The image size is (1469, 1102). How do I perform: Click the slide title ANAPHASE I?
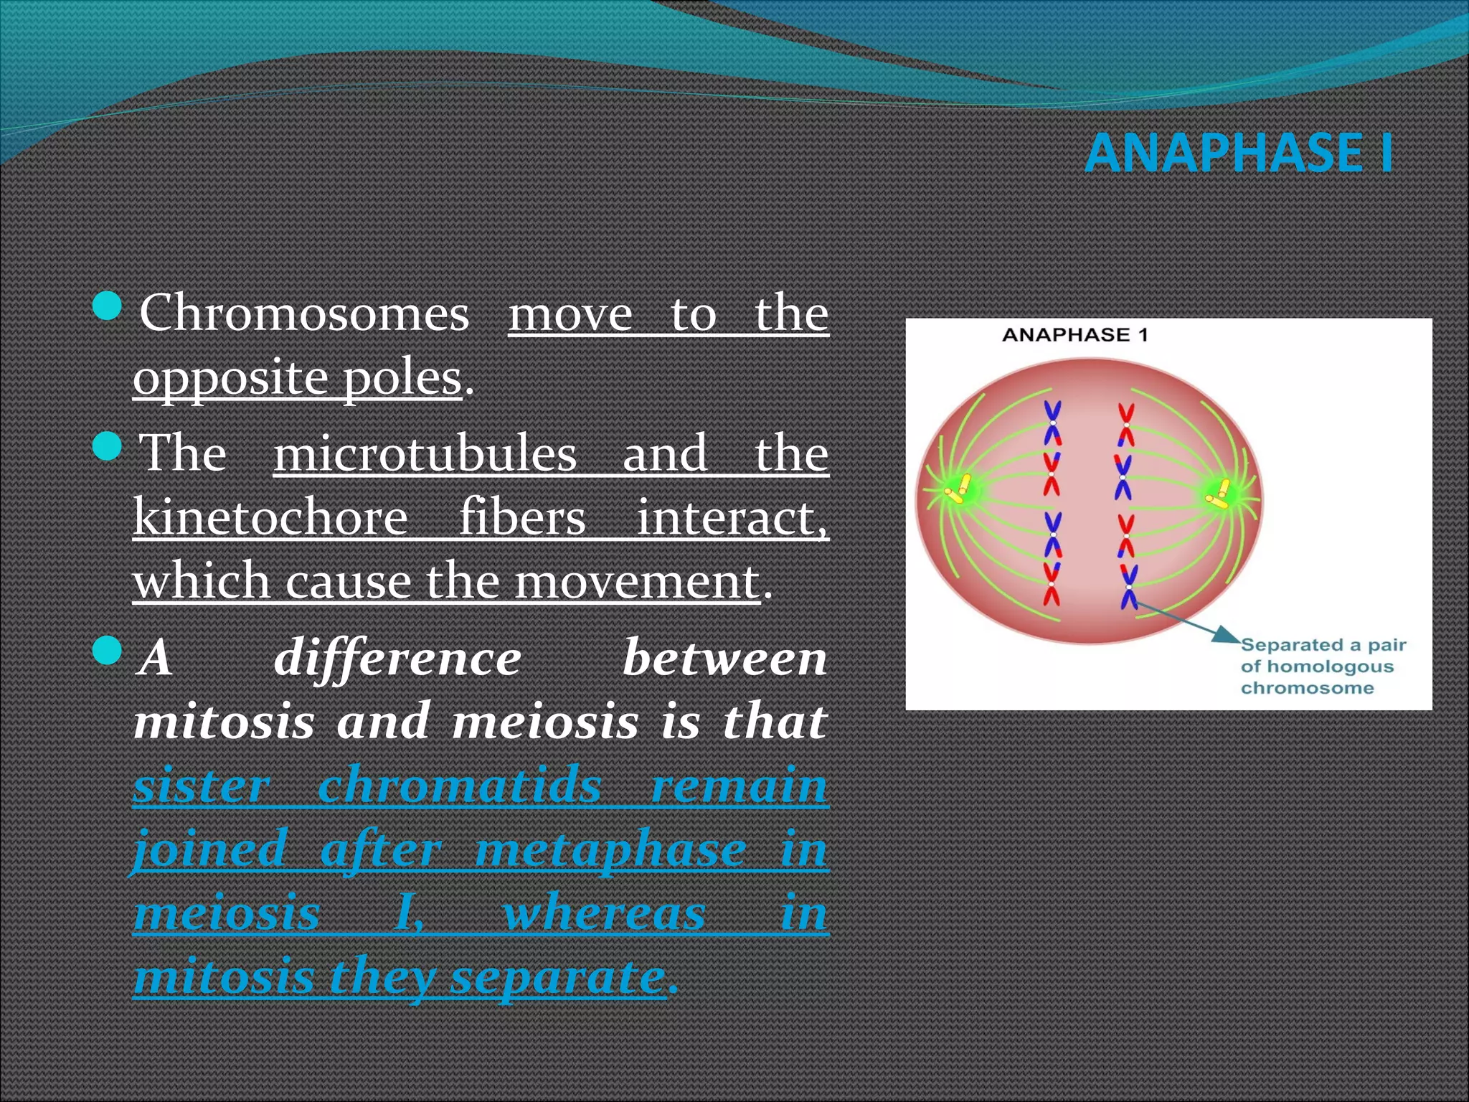point(1239,153)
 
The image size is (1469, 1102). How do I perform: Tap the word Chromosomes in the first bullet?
point(304,313)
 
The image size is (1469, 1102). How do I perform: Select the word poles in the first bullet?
point(402,377)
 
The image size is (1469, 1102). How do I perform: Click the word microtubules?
point(425,453)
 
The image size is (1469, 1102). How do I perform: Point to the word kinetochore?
point(270,517)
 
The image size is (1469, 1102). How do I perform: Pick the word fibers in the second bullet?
point(522,517)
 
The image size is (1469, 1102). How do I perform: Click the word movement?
point(637,580)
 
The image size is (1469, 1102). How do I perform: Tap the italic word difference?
point(397,658)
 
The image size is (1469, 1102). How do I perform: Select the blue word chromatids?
point(459,785)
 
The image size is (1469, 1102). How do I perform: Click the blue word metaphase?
point(610,849)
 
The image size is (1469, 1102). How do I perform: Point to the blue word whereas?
point(605,913)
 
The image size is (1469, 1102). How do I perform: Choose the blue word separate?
point(557,977)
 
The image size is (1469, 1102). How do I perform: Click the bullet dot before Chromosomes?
point(108,306)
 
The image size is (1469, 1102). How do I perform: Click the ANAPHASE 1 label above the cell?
point(1074,334)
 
